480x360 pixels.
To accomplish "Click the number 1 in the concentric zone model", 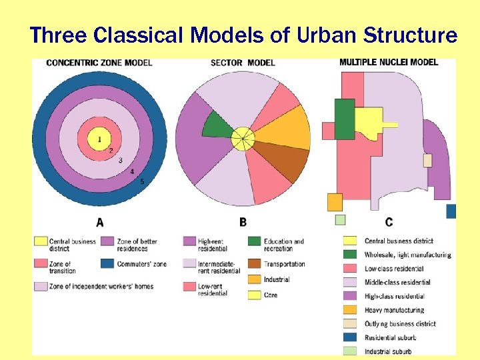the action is [x=99, y=139].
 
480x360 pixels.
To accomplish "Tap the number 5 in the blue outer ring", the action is [x=142, y=181].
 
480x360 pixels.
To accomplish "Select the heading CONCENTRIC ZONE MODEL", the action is [x=99, y=63].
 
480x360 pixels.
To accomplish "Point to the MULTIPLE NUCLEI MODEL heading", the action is [x=389, y=63].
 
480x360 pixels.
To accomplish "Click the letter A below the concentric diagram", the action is [x=99, y=222].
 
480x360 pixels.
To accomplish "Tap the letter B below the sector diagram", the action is [x=243, y=222].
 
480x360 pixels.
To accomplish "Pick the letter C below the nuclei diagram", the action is [x=389, y=222].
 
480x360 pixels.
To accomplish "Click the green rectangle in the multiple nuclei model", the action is [x=345, y=119].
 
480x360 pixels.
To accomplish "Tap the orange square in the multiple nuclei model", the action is [x=335, y=202].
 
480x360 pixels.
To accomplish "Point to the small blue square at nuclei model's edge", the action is [x=451, y=211].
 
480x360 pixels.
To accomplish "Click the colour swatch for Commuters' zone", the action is [x=107, y=263].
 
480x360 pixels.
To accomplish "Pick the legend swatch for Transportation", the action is [x=254, y=263].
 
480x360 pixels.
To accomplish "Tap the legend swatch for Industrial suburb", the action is [x=349, y=351].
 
